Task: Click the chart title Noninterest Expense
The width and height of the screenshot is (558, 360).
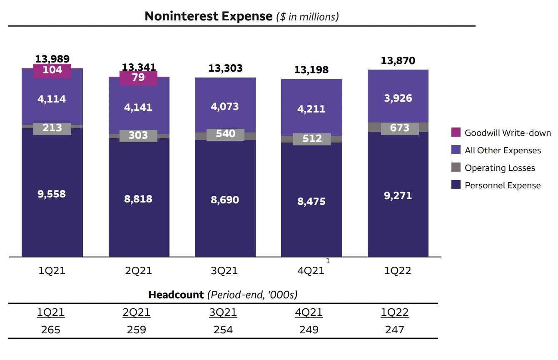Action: [208, 16]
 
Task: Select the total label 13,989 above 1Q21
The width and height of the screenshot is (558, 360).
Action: [52, 59]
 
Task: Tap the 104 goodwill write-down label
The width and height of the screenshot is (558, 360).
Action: [52, 70]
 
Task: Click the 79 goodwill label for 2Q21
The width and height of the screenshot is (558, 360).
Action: [138, 77]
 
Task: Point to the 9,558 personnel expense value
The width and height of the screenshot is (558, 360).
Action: [52, 194]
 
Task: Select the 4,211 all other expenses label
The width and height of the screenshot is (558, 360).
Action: [312, 109]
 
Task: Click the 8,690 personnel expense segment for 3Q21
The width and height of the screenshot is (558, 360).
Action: [225, 200]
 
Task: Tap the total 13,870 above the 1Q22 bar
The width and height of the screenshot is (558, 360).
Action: [398, 61]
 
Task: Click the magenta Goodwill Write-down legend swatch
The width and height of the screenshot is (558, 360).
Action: [456, 133]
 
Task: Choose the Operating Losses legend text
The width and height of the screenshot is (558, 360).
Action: [500, 168]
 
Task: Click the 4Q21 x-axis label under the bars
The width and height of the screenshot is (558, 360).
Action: [311, 271]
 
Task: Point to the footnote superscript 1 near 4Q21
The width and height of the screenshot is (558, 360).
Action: [328, 261]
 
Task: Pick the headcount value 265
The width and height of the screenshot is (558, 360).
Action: [51, 330]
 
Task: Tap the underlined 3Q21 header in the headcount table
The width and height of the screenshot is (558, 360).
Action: [223, 312]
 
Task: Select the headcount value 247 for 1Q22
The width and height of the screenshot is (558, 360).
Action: [394, 330]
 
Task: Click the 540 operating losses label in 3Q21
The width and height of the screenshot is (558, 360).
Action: [225, 134]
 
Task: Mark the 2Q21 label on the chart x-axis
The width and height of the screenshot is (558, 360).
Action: [138, 271]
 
